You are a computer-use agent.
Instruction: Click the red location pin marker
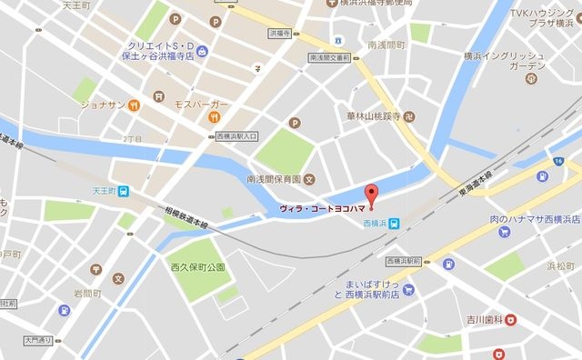pyautogui.click(x=370, y=194)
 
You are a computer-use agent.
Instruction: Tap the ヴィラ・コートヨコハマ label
pyautogui.click(x=323, y=210)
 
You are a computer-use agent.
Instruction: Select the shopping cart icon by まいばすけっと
pyautogui.click(x=409, y=291)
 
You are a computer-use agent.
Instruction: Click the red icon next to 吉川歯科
pyautogui.click(x=511, y=318)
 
